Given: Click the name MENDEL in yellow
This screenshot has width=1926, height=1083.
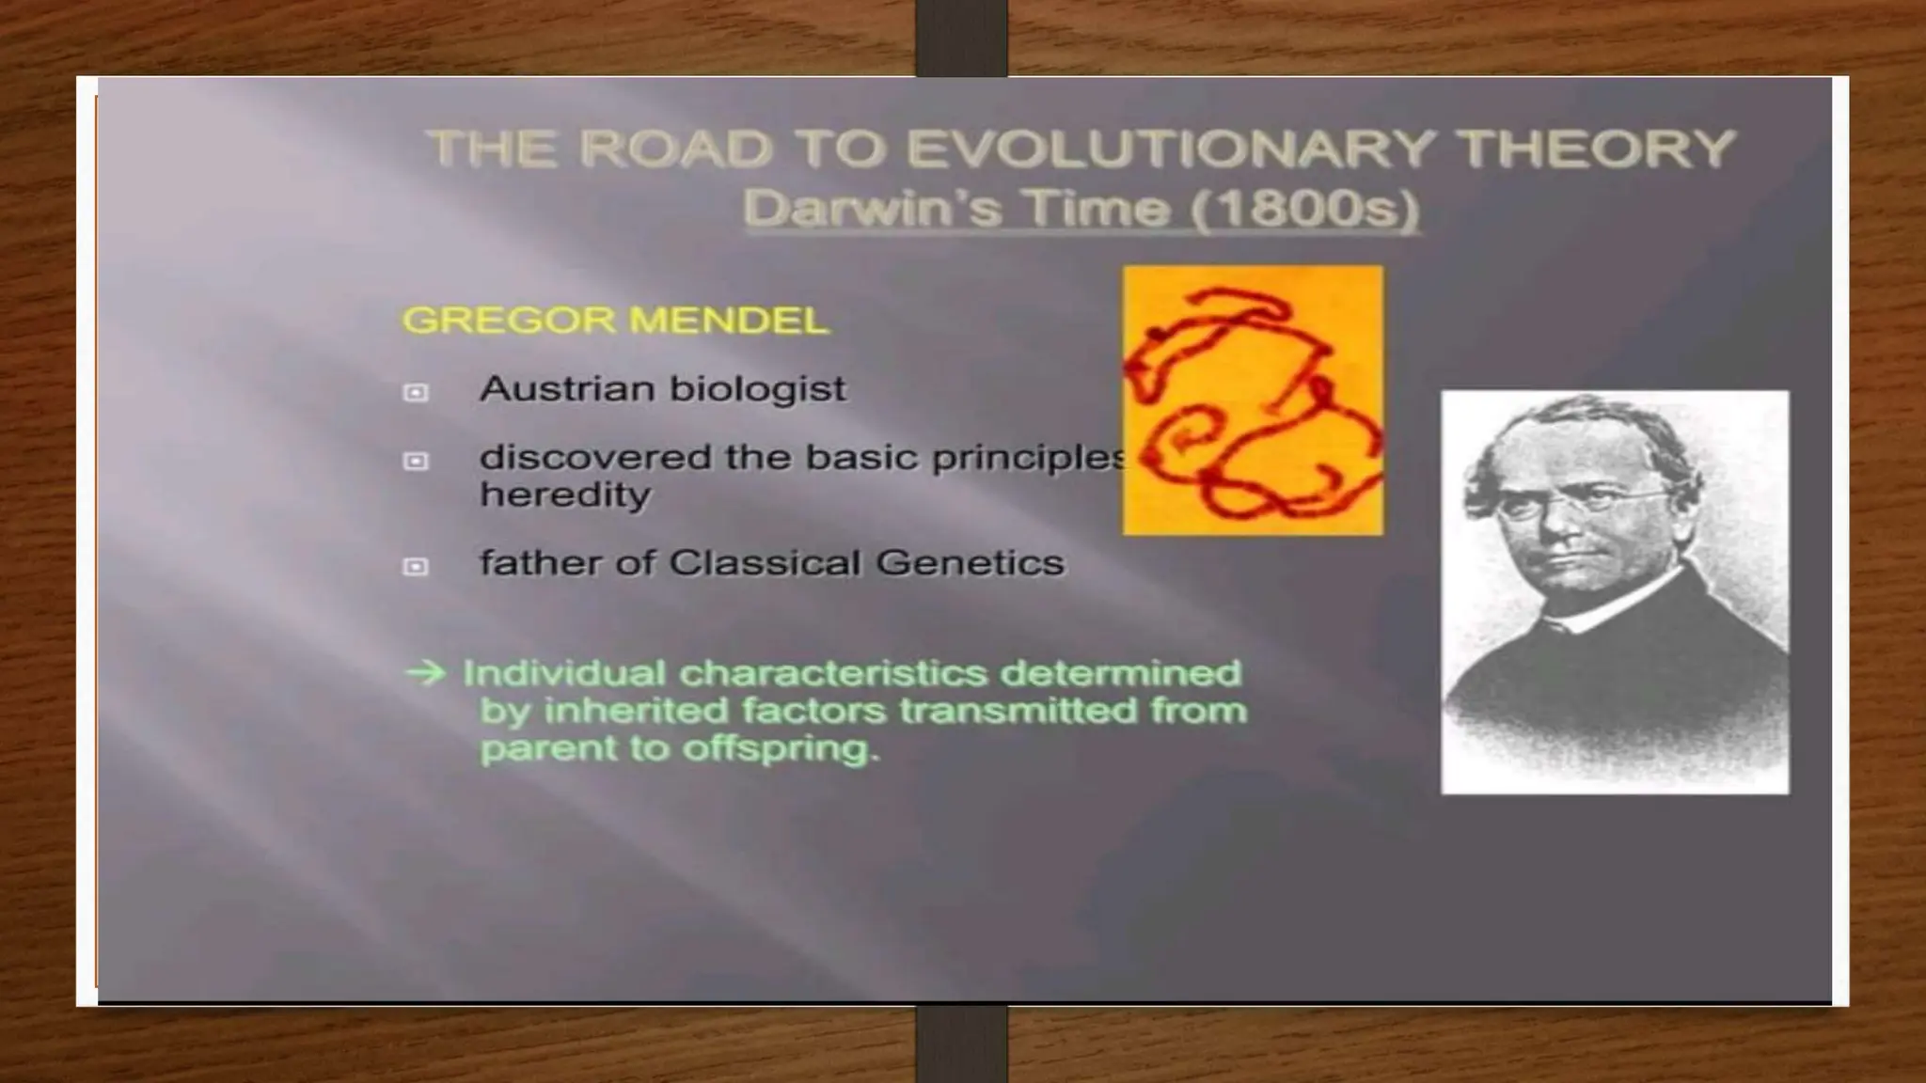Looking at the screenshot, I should [x=729, y=321].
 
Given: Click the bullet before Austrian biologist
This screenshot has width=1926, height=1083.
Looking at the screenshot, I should [x=415, y=392].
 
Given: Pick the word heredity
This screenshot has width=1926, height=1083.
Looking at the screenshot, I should [x=564, y=494].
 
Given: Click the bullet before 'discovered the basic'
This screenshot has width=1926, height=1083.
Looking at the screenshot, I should [x=415, y=461].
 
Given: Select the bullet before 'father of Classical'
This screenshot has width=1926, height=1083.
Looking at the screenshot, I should [x=415, y=566].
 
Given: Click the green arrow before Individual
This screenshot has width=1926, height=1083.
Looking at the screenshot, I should [x=424, y=673].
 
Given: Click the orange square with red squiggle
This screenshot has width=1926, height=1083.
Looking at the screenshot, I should [x=1253, y=400].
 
